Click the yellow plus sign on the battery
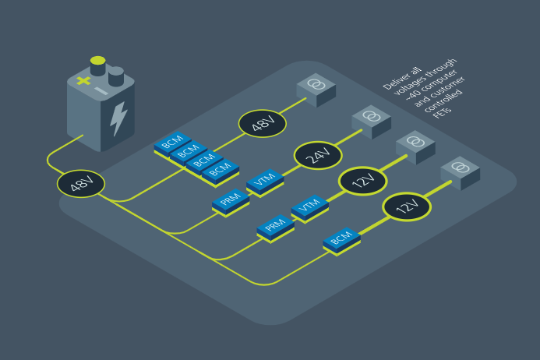point(83,81)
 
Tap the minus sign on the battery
point(101,91)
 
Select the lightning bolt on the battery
point(118,118)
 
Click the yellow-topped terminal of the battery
point(98,65)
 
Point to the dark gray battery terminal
point(116,76)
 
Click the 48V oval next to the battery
point(81,184)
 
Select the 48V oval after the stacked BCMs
point(263,124)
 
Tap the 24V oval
point(318,155)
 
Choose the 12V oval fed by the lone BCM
point(407,206)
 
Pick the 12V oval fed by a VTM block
point(363,181)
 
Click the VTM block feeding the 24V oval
point(265,182)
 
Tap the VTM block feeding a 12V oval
point(309,207)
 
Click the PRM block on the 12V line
point(276,228)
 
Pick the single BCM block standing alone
point(341,240)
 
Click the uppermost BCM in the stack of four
point(172,143)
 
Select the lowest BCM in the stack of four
point(221,171)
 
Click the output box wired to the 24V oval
point(371,122)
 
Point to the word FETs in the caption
point(442,112)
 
